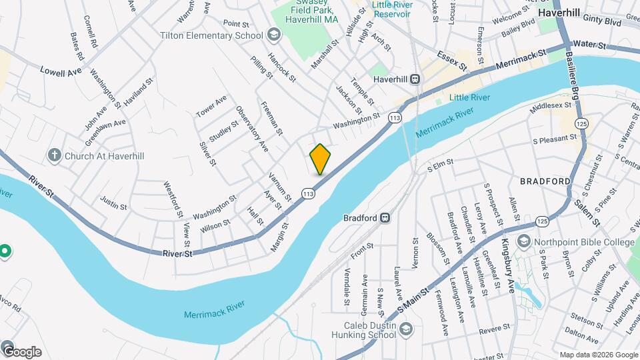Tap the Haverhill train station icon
(415, 79)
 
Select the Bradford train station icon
(385, 217)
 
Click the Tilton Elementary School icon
(273, 35)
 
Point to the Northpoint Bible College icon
(524, 242)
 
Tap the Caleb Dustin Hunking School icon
(406, 329)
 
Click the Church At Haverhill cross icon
(55, 155)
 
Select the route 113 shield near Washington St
(395, 117)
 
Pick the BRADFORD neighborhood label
(546, 181)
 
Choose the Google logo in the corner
(21, 352)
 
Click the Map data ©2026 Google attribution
(598, 355)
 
